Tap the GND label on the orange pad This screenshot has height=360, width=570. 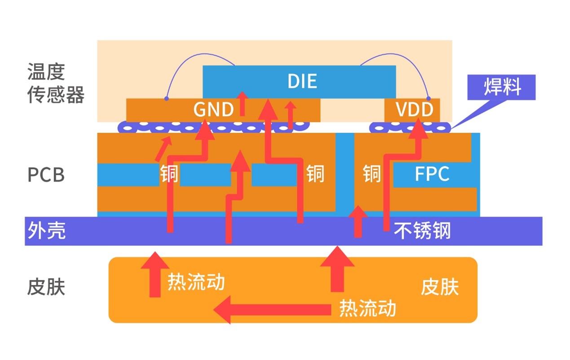[213, 110]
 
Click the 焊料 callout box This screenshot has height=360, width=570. [502, 87]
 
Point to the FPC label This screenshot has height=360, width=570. [431, 174]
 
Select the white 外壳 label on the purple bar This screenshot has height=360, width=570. [46, 230]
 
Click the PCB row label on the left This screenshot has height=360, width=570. [46, 175]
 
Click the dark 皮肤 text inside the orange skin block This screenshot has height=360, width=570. [440, 287]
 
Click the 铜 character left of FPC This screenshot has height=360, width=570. [372, 174]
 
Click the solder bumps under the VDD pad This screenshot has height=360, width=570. [410, 128]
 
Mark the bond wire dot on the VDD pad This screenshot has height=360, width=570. [429, 98]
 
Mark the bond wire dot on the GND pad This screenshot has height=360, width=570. [167, 98]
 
